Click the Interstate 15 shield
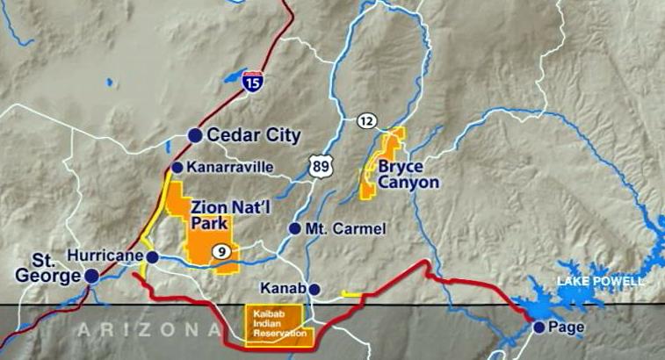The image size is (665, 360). pyautogui.click(x=253, y=81)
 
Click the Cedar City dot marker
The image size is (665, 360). pyautogui.click(x=195, y=135)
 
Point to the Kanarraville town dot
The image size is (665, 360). pyautogui.click(x=177, y=167)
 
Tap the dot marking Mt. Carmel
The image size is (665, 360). pyautogui.click(x=295, y=228)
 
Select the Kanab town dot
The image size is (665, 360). pyautogui.click(x=314, y=288)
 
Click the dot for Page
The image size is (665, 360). pyautogui.click(x=539, y=327)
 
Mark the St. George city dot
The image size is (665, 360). pyautogui.click(x=91, y=275)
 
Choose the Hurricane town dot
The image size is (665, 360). pyautogui.click(x=152, y=256)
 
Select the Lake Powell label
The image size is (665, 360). pyautogui.click(x=601, y=281)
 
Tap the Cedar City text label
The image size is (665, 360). pyautogui.click(x=254, y=135)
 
